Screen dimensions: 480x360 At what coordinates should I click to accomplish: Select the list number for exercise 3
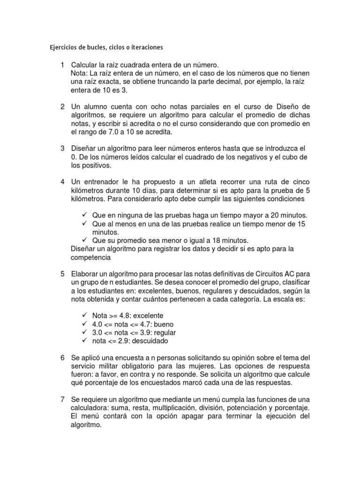coord(62,148)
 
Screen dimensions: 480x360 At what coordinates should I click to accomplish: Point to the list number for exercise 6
coord(62,358)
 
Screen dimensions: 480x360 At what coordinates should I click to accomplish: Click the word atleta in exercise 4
coord(207,182)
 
